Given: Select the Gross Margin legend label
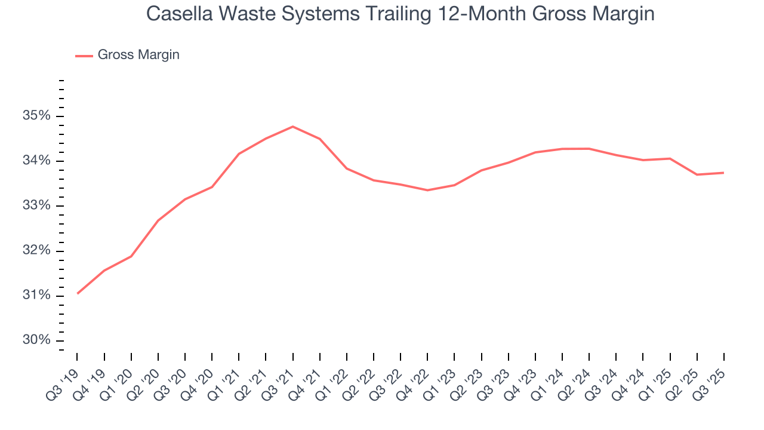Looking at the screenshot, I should tap(138, 55).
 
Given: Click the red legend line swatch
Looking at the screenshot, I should tap(84, 56).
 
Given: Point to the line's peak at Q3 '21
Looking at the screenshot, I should tap(293, 127).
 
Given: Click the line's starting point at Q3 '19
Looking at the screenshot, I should tap(78, 294).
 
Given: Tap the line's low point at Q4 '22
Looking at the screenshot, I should tap(427, 190).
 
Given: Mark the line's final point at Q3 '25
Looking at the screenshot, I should tap(724, 173).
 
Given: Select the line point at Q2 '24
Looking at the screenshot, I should tap(589, 149).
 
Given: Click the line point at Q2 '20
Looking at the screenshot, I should tap(158, 220).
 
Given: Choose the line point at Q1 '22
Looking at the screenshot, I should tap(347, 168).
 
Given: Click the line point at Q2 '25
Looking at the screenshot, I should tap(697, 174).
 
